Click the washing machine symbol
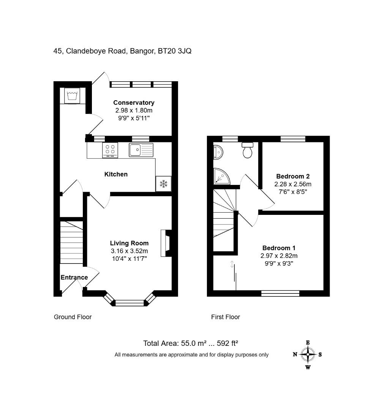(x=73, y=95)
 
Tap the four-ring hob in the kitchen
(x=110, y=150)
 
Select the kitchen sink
(x=141, y=150)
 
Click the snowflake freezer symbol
(x=163, y=184)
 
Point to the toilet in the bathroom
(x=248, y=150)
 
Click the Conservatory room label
(x=134, y=102)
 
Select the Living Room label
(x=129, y=243)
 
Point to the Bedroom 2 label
(x=293, y=176)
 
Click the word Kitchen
(x=116, y=174)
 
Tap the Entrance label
(x=74, y=278)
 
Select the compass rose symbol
(x=308, y=355)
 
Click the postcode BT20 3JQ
(x=175, y=51)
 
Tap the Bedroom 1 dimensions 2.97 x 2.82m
(x=279, y=256)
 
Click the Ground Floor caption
(x=73, y=317)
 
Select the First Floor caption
(x=226, y=317)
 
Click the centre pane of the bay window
(x=130, y=303)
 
